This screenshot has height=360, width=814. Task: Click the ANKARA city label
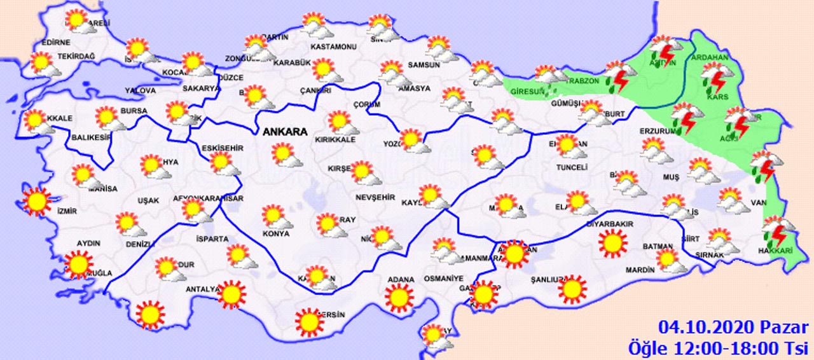(x=284, y=132)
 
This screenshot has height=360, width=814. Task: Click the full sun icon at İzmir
(x=36, y=202)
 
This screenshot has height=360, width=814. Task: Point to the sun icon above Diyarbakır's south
(x=612, y=244)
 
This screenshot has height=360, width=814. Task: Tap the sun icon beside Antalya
(x=231, y=294)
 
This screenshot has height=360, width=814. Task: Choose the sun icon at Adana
(x=399, y=297)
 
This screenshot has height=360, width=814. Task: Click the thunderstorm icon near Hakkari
(x=778, y=232)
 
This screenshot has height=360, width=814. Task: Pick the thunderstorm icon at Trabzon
(x=617, y=77)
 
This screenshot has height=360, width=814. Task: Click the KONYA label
(x=276, y=234)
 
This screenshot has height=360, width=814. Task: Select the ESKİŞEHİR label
(x=223, y=148)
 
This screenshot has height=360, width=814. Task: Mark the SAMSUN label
(x=424, y=65)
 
